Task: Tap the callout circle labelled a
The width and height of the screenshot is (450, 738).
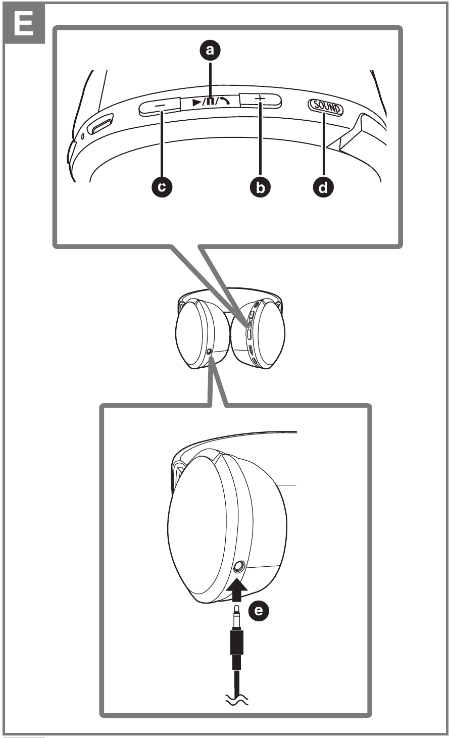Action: point(211,49)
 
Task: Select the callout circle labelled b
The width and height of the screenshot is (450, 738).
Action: point(260,187)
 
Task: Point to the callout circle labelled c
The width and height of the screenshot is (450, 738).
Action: point(161,187)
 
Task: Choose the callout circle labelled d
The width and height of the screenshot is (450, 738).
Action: point(324,187)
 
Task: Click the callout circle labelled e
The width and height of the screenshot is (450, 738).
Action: point(259,612)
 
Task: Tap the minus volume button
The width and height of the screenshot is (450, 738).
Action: point(160,106)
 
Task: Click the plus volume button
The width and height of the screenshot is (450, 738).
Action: point(260,100)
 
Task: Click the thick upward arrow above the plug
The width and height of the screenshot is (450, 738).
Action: point(237,589)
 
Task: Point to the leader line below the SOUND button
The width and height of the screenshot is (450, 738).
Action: point(324,146)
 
